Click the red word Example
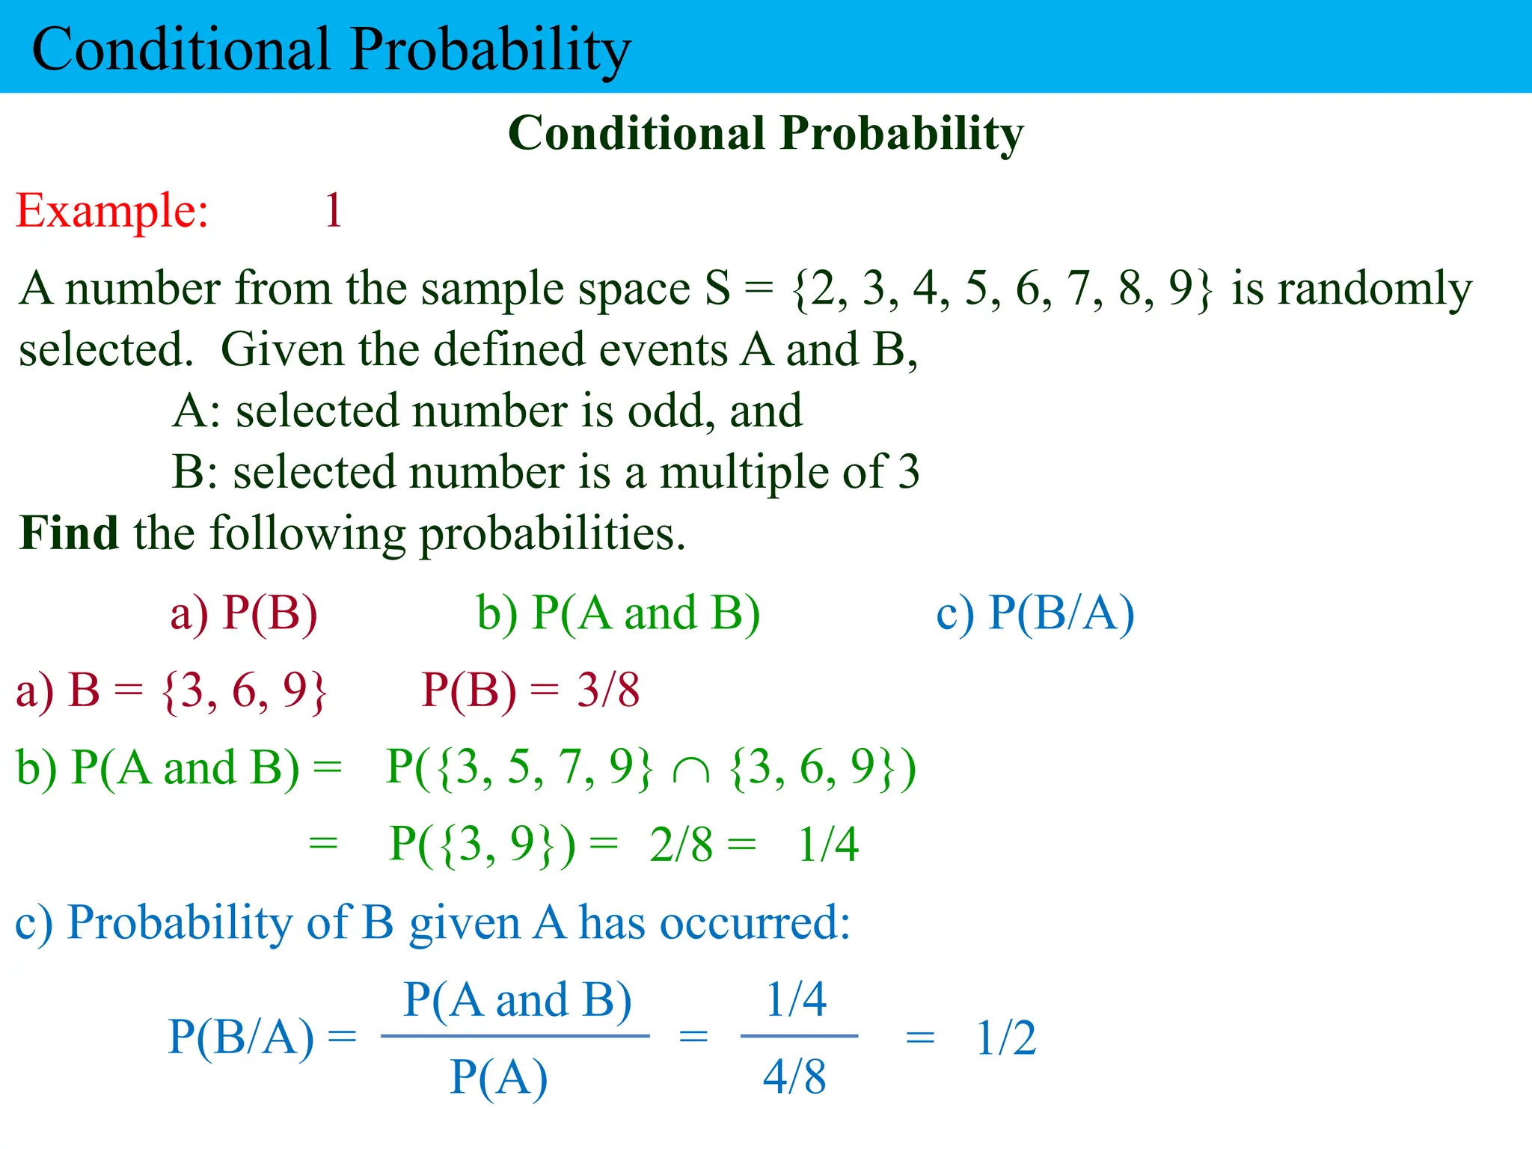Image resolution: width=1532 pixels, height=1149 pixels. (x=112, y=210)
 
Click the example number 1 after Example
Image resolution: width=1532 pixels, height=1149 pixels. (x=334, y=210)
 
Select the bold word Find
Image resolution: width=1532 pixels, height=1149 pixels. (x=69, y=533)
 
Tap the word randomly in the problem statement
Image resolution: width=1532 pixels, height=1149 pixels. (x=1351, y=289)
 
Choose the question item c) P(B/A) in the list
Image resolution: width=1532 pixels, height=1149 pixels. (x=1035, y=613)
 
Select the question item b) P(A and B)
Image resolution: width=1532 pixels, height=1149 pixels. (x=619, y=613)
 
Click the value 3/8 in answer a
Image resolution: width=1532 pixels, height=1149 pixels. (x=607, y=690)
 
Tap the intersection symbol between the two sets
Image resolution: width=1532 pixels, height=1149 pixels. (x=690, y=770)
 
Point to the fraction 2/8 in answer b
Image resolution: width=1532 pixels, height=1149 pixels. (x=681, y=845)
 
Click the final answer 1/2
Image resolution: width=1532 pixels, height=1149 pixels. (x=1006, y=1038)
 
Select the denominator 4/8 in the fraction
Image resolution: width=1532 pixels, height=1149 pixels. (x=794, y=1077)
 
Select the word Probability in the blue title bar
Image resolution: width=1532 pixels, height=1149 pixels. (x=491, y=49)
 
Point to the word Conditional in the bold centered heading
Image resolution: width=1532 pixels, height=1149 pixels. (x=637, y=134)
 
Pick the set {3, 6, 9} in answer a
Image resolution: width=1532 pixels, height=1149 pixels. (x=244, y=690)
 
